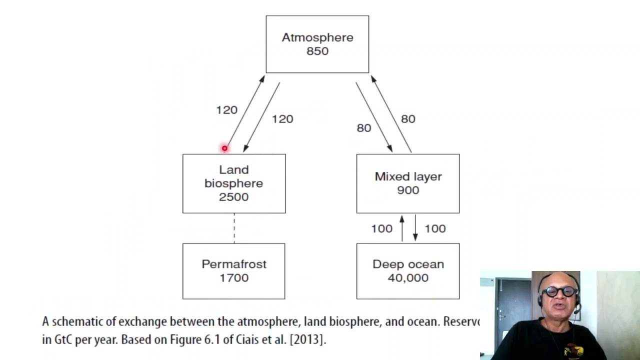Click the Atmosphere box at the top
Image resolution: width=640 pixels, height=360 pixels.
pos(317,44)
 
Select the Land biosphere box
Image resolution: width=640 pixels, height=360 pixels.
pos(233,183)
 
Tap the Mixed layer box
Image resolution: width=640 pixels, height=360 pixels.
pos(407,183)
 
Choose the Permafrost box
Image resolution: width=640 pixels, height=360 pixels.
pos(233,271)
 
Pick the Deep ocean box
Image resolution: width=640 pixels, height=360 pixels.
pos(407,271)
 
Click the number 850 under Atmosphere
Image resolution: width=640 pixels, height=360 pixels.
pos(317,51)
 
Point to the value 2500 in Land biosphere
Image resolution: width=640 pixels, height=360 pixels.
pos(233,197)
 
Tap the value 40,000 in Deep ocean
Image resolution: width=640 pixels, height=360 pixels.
pos(408,278)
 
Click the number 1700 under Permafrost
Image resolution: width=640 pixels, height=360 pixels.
pos(234,278)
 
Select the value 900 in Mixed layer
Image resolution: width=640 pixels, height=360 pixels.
pos(408,190)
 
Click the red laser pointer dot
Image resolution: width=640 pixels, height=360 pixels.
pos(224,148)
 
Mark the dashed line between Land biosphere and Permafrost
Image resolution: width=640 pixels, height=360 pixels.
pos(234,228)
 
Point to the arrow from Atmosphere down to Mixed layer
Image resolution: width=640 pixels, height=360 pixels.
pos(374,117)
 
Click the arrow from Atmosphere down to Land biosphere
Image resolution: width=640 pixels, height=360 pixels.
pos(261,117)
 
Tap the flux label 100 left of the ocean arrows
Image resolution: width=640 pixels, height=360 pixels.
pos(381,229)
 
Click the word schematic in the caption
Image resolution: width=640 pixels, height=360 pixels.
pos(78,321)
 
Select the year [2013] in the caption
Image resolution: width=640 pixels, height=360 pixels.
pos(307,339)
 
